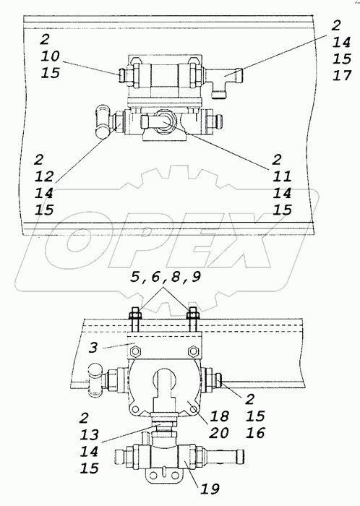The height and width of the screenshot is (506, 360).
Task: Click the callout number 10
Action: pyautogui.click(x=51, y=55)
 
